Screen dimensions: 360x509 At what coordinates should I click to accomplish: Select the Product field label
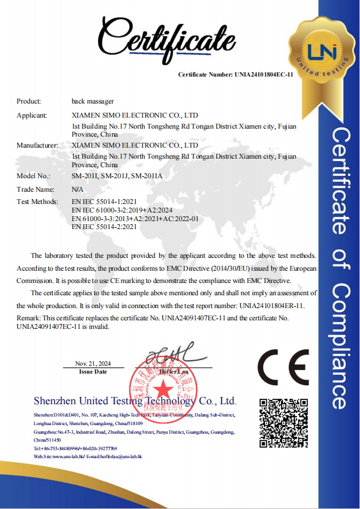pos(29,101)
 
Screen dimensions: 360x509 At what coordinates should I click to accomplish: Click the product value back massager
pos(92,101)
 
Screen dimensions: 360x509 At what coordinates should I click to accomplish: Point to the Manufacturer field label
pos(37,146)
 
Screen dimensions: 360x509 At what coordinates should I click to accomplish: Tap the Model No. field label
pos(33,176)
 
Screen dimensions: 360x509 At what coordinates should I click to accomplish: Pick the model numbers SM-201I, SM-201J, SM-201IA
pos(117,176)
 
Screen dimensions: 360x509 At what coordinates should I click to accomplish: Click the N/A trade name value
pos(77,190)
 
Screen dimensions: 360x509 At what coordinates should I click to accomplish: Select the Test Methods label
pos(37,202)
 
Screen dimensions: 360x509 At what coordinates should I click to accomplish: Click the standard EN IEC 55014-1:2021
pos(104,202)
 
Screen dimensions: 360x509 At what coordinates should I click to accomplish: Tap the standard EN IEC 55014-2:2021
pos(104,227)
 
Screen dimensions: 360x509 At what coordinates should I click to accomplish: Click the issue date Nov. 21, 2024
pos(92,364)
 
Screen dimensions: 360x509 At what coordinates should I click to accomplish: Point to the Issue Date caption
pos(93,372)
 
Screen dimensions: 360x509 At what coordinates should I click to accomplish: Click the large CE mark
pos(282,368)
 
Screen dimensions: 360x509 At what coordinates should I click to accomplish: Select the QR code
pos(282,422)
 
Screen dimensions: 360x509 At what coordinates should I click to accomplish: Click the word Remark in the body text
pos(28,319)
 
